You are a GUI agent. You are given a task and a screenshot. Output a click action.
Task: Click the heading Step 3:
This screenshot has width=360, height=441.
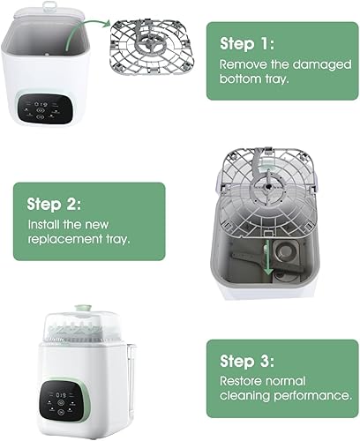coord(249,362)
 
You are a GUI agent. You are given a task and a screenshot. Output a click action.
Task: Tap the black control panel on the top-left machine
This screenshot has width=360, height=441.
coord(47,109)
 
